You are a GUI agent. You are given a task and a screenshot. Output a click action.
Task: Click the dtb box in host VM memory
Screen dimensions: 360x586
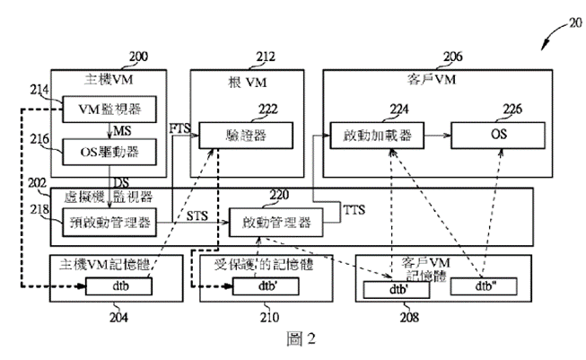119,287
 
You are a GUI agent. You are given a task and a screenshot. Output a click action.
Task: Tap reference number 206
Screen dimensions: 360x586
453,57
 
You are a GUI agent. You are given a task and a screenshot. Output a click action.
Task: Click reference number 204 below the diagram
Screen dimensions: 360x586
118,317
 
